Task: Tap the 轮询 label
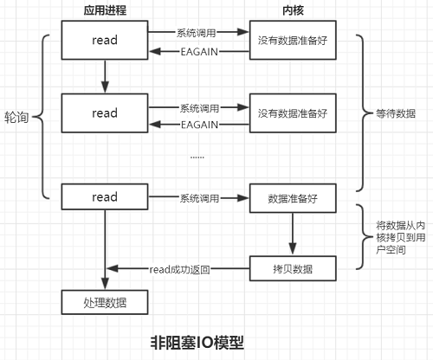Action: (x=18, y=116)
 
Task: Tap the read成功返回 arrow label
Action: (x=179, y=269)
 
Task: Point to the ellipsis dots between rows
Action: (x=197, y=157)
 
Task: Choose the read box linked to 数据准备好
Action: (x=105, y=198)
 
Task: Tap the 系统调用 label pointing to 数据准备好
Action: (x=199, y=198)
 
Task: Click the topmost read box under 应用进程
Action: (x=105, y=41)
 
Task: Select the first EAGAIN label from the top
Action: (x=198, y=53)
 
